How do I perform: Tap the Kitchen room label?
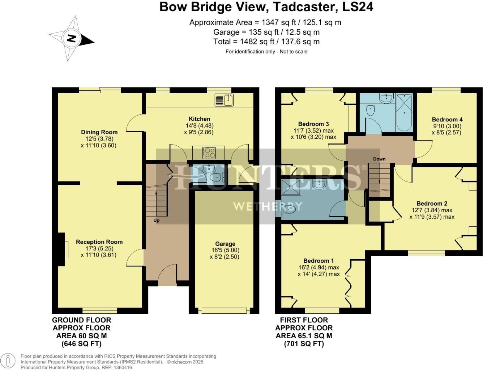(x=199, y=119)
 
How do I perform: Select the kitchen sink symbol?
(x=225, y=100)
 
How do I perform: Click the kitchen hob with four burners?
(x=209, y=153)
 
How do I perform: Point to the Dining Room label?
(x=99, y=132)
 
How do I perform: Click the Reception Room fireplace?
(x=61, y=250)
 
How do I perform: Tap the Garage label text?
(x=225, y=244)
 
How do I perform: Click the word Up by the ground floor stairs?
(x=156, y=220)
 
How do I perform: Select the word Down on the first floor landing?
(x=379, y=159)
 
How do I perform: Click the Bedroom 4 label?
(x=447, y=120)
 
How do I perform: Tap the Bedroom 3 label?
(x=313, y=124)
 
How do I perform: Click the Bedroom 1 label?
(x=318, y=261)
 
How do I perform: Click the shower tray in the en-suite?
(x=291, y=187)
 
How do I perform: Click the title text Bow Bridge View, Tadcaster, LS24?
(x=266, y=7)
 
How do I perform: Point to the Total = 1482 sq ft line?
(x=266, y=42)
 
